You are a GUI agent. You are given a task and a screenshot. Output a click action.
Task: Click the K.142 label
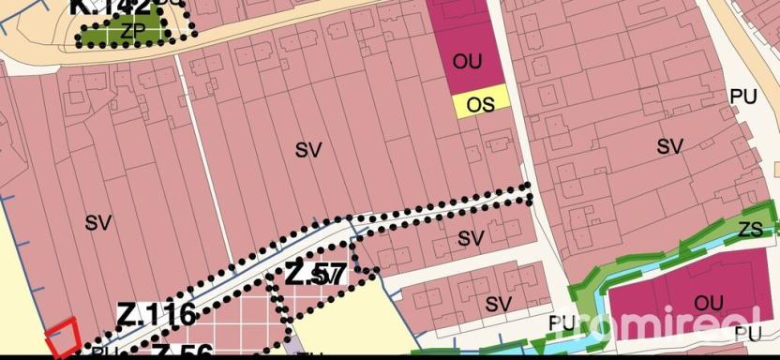tap(109, 10)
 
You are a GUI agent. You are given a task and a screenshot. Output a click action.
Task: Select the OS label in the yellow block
tap(481, 104)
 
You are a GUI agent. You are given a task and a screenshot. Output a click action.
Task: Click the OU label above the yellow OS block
tap(467, 63)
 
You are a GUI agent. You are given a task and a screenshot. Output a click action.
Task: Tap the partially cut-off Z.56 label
tap(182, 352)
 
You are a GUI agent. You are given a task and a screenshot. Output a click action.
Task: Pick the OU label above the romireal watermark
tap(709, 302)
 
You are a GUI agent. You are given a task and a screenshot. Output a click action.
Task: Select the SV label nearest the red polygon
tap(97, 223)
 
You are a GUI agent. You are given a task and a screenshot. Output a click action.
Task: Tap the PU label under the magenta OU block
tap(747, 333)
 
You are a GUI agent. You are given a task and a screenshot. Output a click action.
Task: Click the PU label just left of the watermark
tap(562, 322)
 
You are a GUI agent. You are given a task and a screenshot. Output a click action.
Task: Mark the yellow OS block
tap(481, 100)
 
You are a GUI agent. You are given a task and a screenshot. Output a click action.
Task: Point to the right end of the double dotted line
tap(527, 193)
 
